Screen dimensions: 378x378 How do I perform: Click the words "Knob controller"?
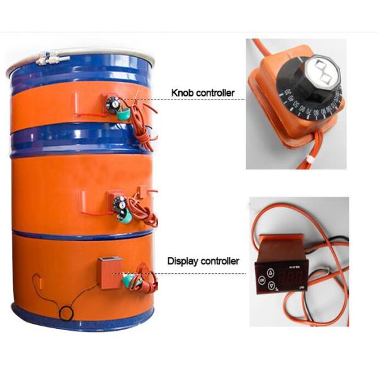point(203,93)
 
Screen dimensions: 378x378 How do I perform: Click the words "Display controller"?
point(203,261)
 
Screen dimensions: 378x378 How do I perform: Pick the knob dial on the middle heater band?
point(119,204)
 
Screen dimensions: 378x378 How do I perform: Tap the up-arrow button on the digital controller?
point(271,272)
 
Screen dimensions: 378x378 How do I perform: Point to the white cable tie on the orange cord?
point(311,163)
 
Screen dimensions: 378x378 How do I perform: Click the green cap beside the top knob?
point(125,115)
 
